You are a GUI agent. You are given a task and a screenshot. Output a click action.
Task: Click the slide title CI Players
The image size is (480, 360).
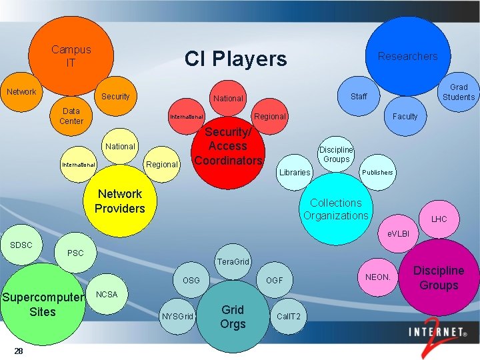pos(235,59)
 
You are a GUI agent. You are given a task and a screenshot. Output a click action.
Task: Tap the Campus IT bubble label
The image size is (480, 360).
pos(71,56)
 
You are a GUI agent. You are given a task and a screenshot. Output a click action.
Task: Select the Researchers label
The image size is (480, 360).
pos(407,56)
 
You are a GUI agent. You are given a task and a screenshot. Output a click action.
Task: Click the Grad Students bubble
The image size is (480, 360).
pos(459,92)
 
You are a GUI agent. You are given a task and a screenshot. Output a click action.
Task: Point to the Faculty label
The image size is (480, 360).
pos(405,117)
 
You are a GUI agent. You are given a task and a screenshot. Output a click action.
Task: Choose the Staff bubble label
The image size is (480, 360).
pos(359,97)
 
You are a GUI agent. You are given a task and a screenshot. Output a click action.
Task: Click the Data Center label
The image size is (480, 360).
pos(71,116)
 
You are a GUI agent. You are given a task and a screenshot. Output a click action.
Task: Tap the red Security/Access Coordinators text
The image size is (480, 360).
pos(228,147)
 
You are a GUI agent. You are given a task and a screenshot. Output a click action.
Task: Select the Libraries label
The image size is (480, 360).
pos(295,173)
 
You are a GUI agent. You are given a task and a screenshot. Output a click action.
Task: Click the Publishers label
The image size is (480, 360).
pos(377,172)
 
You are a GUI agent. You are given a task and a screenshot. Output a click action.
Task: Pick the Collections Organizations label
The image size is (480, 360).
pos(335,209)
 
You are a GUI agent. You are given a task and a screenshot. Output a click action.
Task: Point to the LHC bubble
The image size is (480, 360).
pos(439,219)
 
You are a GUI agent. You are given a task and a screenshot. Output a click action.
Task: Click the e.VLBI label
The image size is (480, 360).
pos(398,235)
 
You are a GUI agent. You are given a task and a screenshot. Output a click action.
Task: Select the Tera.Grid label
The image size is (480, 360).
pos(233,262)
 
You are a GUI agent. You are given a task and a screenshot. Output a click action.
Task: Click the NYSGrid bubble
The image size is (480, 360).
pos(178,315)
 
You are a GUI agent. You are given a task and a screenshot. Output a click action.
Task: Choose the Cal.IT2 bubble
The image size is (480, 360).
pos(288,315)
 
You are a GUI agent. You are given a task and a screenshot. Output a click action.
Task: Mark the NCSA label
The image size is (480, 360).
pos(107,294)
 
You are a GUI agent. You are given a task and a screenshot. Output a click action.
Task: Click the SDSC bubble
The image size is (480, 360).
pos(21,245)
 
